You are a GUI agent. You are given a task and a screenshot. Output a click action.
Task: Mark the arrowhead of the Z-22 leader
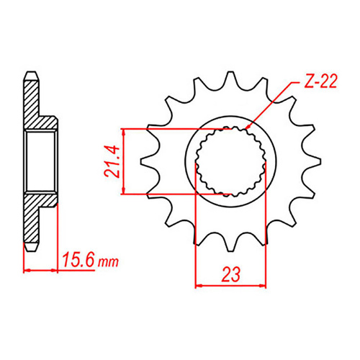248,127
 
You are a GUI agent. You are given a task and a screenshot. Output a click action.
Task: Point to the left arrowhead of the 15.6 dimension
27,271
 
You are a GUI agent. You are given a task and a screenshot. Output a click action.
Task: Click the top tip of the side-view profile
31,73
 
